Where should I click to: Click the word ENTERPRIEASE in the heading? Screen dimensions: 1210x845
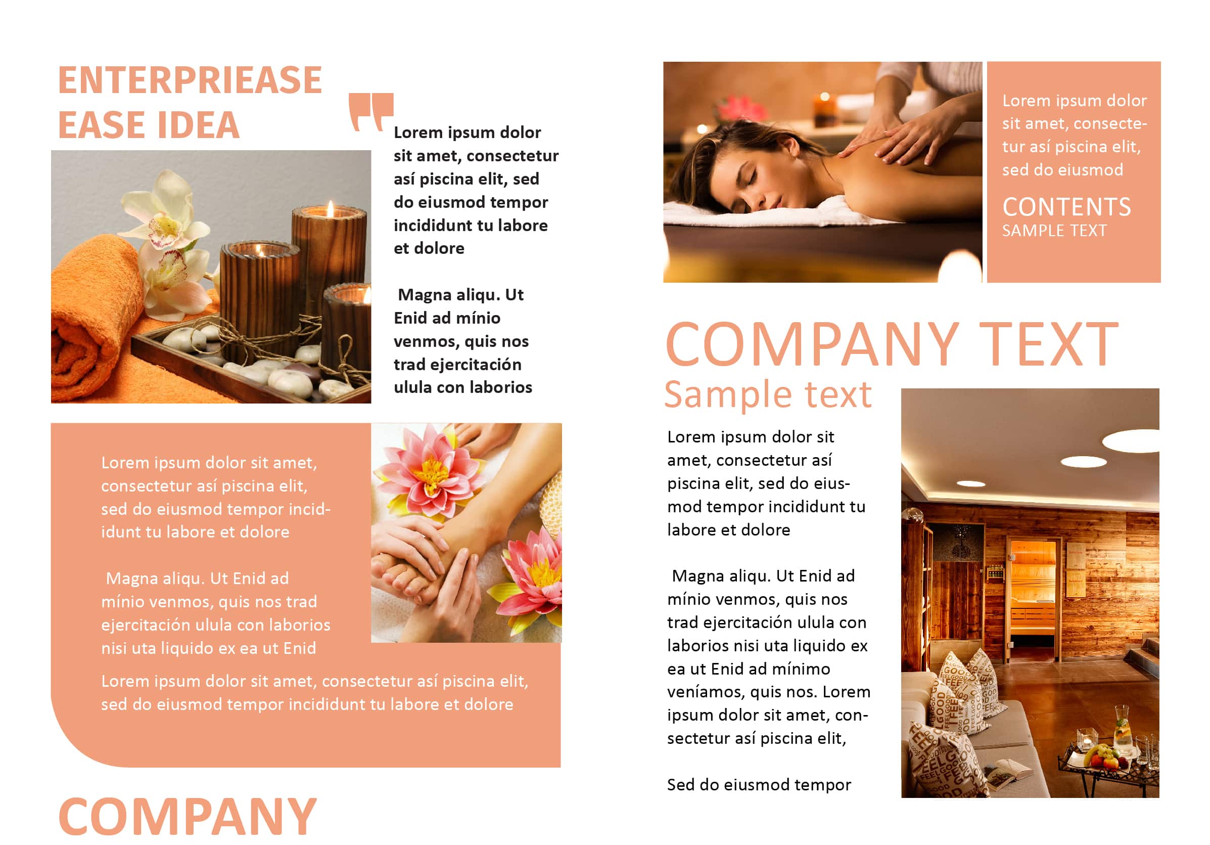coord(190,80)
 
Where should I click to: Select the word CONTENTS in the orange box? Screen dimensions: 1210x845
coord(1066,207)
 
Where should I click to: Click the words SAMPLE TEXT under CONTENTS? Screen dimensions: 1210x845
coord(1054,231)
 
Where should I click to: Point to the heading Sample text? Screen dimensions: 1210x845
coord(768,394)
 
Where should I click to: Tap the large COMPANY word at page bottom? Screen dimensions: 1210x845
coord(188,817)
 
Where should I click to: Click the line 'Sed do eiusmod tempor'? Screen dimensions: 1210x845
coord(759,785)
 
